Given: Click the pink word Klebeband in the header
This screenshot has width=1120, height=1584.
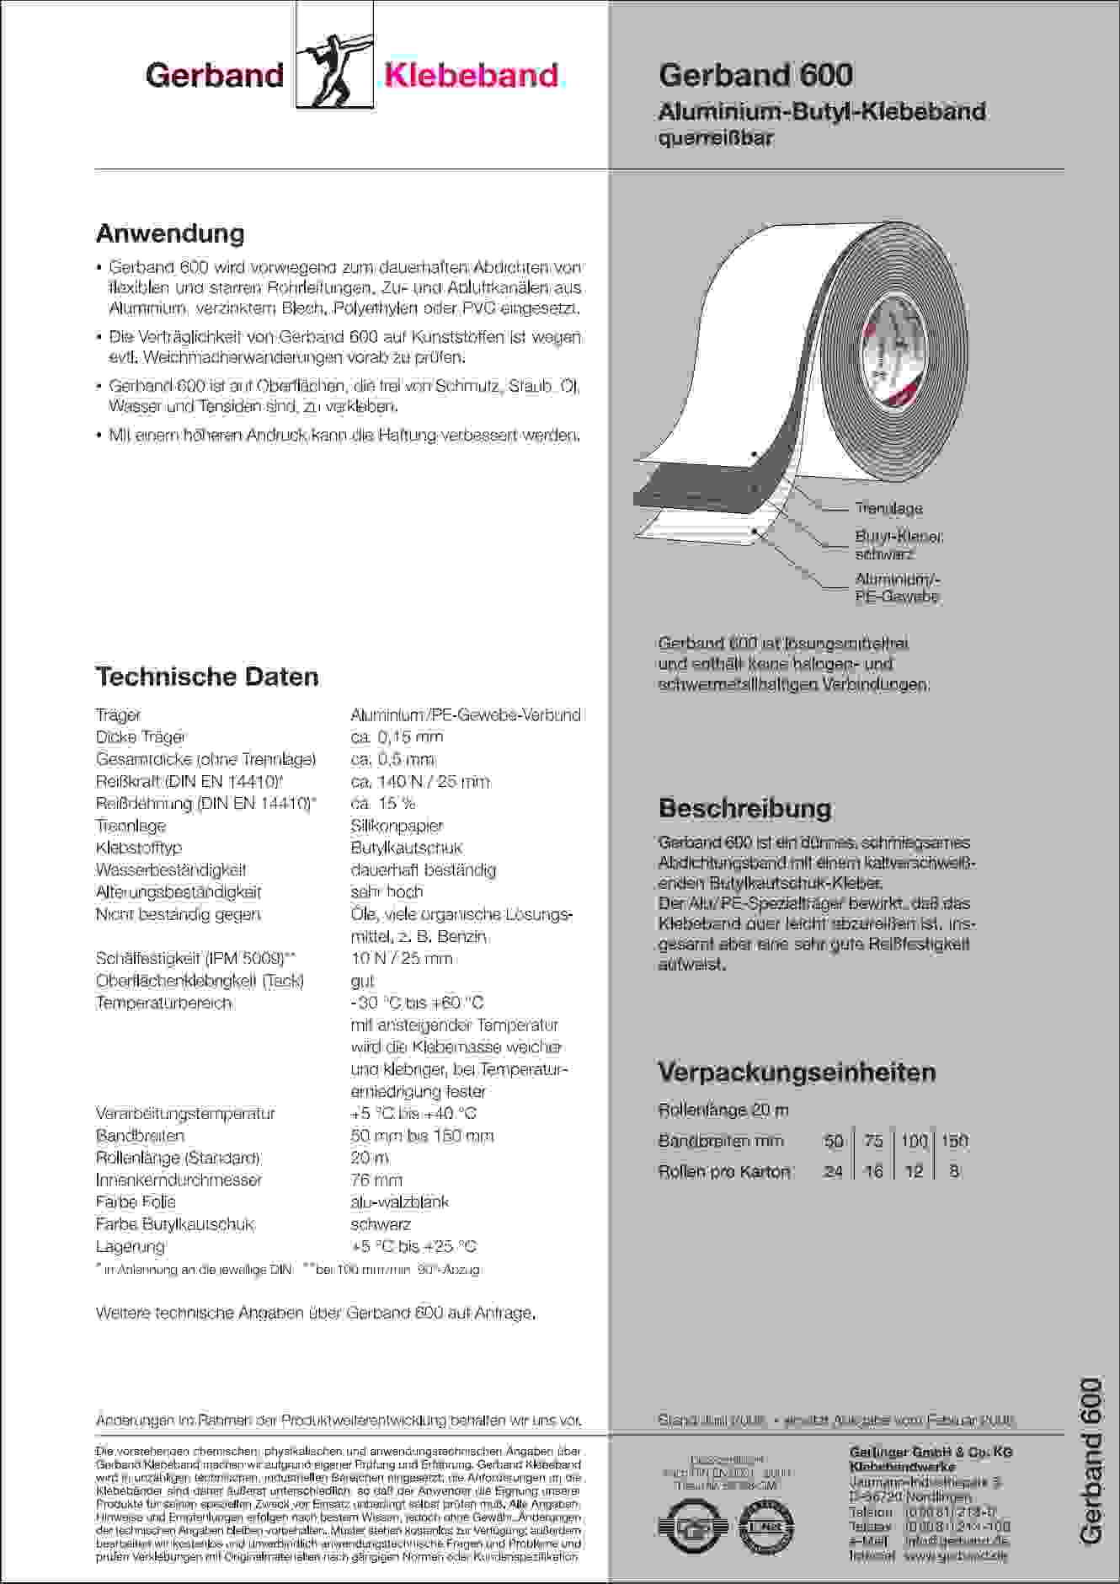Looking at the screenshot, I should coord(471,76).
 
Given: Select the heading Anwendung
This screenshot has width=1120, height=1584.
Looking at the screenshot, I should coord(170,233).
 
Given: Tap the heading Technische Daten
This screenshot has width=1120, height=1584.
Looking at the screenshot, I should coord(207,677).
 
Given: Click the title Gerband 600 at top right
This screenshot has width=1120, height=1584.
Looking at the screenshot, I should coord(755,75).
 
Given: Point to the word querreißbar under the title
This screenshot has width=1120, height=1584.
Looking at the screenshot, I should coord(716,138).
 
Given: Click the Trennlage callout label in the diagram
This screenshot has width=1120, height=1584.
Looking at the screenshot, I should coord(888,509).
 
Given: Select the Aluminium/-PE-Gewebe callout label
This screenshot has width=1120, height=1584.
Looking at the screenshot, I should coord(897,588).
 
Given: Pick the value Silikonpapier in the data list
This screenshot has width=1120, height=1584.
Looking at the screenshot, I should coord(397,826).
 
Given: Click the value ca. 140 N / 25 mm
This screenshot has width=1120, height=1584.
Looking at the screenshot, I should coord(419,782).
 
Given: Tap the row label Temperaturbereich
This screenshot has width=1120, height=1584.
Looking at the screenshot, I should coord(163,1003).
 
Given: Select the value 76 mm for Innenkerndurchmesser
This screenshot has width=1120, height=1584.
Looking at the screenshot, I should coord(376,1180).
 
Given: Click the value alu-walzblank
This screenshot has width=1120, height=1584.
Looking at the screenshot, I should coord(400,1201).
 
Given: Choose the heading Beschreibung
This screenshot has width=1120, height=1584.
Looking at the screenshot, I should coord(744,809).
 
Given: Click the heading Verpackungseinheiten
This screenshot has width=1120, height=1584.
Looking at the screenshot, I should coord(797,1073).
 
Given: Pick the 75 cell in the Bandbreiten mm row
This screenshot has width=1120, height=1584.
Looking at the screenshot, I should coord(873,1141).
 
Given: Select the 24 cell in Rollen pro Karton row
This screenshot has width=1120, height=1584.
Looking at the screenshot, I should coord(833,1171).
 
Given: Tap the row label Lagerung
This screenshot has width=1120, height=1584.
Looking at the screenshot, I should coord(131,1246).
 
